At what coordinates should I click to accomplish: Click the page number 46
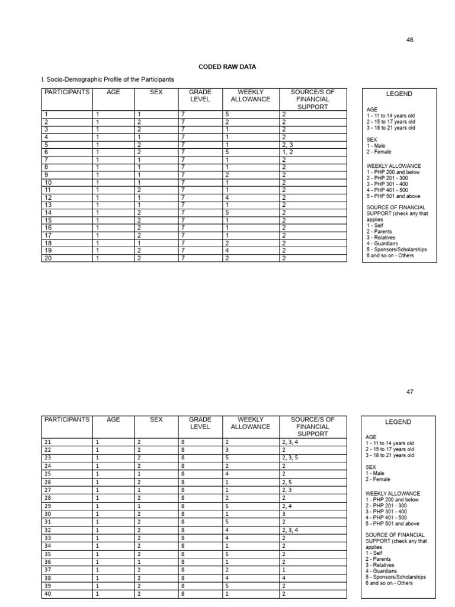[409, 40]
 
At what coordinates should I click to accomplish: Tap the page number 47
[409, 392]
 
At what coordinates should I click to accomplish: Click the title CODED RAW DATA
[227, 67]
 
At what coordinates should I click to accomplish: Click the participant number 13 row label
[48, 205]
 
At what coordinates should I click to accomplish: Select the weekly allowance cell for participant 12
[227, 197]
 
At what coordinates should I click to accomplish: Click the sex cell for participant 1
[139, 114]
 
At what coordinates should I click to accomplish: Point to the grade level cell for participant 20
[183, 258]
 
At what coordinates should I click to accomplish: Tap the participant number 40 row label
[48, 593]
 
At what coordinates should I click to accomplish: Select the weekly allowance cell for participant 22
[227, 450]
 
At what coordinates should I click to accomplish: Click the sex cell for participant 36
[139, 562]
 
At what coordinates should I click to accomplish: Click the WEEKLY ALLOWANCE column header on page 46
[254, 96]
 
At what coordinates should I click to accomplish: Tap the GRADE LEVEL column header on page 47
[200, 423]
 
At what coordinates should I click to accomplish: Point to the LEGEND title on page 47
[399, 421]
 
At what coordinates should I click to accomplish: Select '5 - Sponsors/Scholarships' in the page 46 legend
[396, 250]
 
